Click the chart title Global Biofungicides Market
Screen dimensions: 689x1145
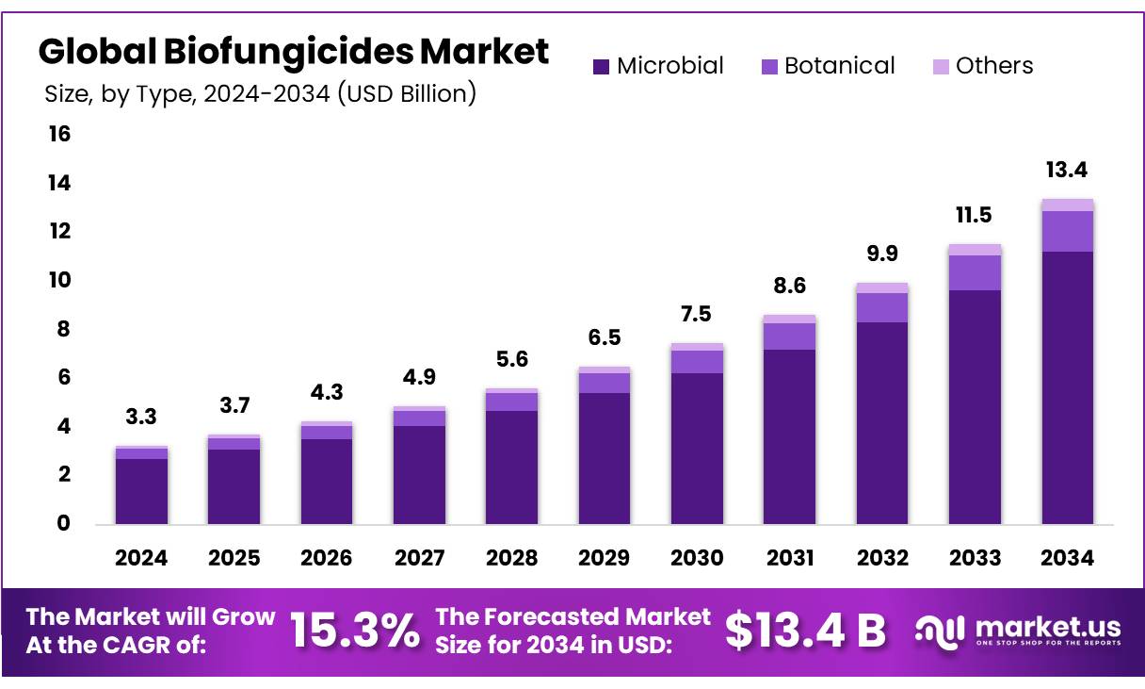click(293, 52)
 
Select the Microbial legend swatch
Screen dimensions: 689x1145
click(601, 67)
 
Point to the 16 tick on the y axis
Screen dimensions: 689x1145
click(59, 134)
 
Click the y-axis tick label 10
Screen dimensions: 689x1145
click(59, 280)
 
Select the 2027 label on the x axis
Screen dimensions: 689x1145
click(419, 558)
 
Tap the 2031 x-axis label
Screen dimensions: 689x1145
click(789, 558)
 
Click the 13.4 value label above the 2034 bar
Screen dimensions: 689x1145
click(1067, 171)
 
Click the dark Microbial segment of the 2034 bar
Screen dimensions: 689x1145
click(1067, 386)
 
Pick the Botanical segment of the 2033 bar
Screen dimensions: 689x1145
click(975, 272)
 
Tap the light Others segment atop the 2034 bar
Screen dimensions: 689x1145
click(1067, 205)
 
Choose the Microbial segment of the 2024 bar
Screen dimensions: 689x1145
click(141, 491)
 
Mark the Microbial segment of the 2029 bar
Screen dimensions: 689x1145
click(604, 458)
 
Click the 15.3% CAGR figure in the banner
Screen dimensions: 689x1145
click(354, 631)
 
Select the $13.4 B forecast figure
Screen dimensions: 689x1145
click(806, 631)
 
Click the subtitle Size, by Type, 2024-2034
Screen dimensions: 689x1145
click(260, 93)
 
